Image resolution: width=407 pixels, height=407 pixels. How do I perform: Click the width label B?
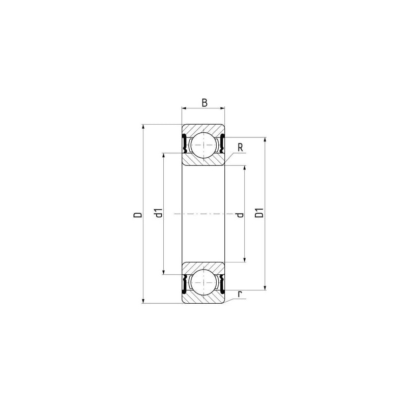205,103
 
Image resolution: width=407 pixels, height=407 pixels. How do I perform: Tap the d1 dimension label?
158,213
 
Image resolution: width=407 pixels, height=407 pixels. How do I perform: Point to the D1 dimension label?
259,213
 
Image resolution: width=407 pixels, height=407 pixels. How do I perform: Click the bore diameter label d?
240,215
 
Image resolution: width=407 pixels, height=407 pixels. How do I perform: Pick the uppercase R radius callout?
240,148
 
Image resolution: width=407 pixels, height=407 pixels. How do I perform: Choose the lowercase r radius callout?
240,294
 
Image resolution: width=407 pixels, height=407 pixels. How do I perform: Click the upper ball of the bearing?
204,145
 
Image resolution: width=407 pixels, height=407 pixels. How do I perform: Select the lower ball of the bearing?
204,282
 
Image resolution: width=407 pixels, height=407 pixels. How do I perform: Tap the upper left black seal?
184,143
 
